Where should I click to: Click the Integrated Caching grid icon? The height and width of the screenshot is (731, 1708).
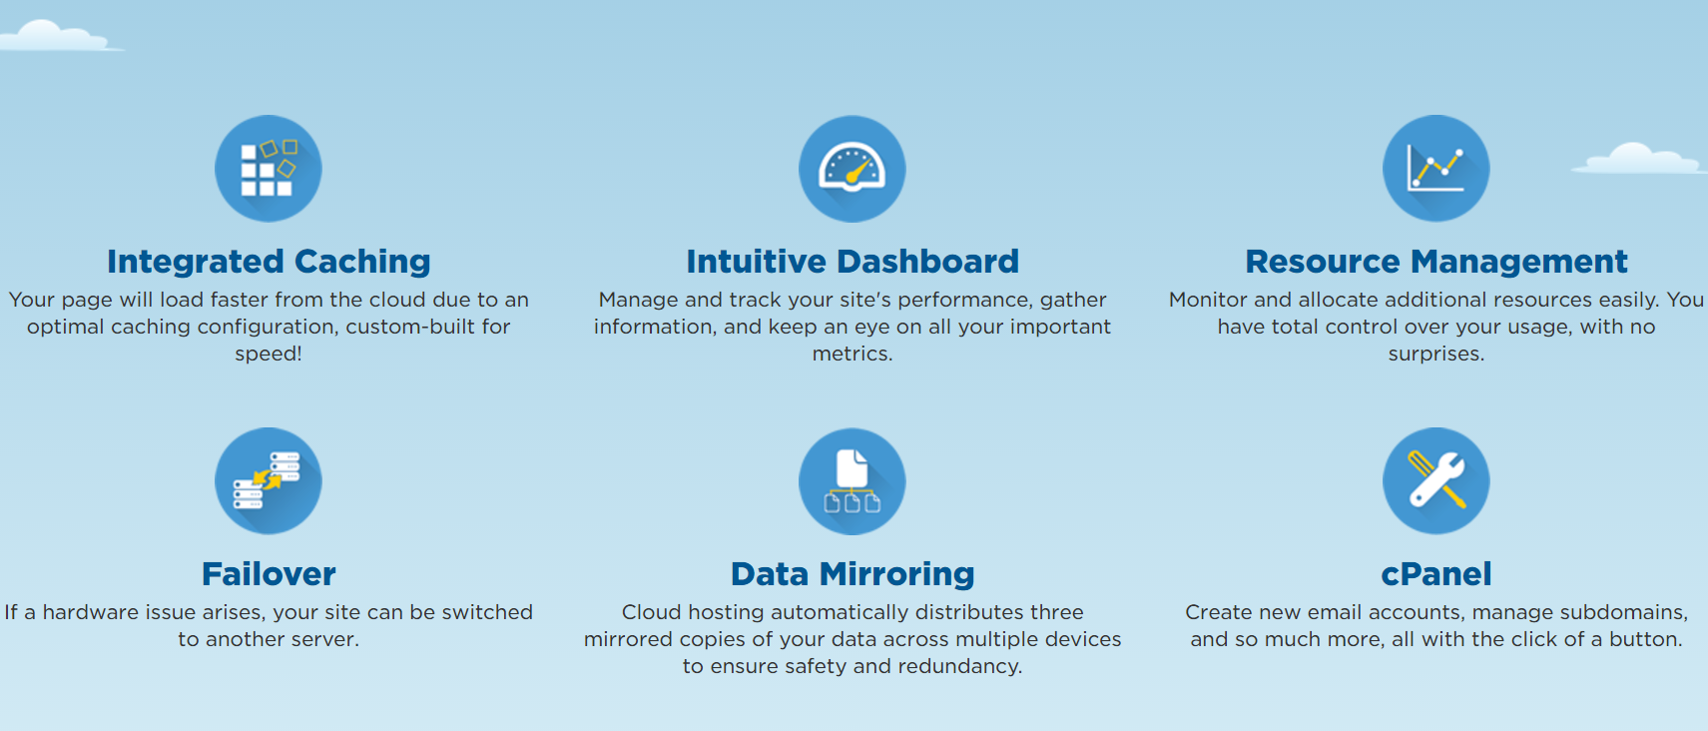click(269, 169)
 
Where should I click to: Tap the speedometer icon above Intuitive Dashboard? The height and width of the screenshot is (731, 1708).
click(853, 169)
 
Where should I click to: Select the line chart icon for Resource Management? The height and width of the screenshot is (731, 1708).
click(1436, 169)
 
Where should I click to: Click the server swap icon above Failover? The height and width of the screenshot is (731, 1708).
click(269, 480)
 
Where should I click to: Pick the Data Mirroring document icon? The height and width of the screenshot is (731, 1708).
click(853, 480)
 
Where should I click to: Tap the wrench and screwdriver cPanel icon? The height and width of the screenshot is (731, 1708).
click(1436, 480)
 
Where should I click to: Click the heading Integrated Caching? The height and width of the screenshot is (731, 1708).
click(269, 262)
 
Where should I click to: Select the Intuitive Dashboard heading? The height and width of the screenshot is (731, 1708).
click(853, 262)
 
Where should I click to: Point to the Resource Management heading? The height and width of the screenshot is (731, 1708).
click(1436, 262)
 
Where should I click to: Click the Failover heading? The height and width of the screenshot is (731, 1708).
click(269, 574)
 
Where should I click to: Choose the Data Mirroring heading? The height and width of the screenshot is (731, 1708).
click(853, 574)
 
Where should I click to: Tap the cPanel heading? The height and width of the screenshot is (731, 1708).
click(1436, 574)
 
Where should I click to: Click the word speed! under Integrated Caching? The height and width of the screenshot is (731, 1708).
click(269, 355)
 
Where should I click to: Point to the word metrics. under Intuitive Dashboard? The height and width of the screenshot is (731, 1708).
click(853, 355)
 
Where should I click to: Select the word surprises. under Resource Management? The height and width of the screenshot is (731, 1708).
click(1436, 355)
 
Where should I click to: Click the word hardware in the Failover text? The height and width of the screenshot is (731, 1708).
click(92, 612)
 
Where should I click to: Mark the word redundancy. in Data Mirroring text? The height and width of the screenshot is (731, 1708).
click(960, 667)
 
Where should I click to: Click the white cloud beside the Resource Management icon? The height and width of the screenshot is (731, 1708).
click(1638, 158)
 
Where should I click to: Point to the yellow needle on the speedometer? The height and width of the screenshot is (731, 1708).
click(860, 171)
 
